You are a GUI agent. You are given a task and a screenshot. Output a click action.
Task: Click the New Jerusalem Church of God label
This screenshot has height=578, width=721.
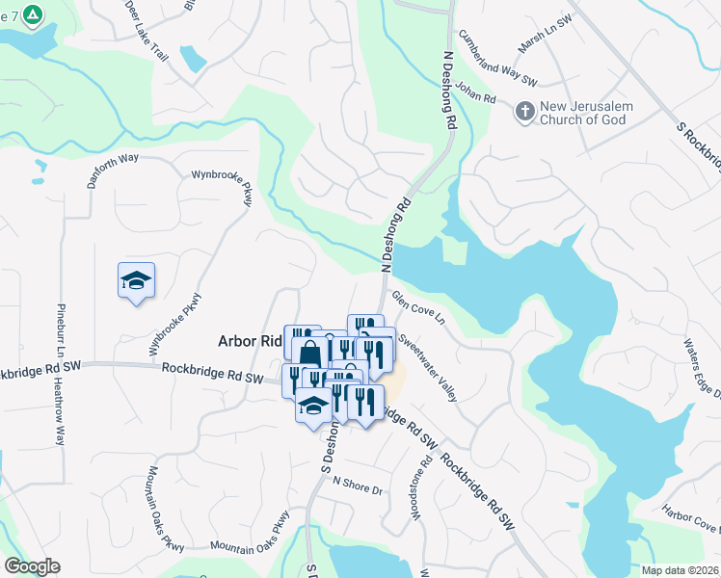581,113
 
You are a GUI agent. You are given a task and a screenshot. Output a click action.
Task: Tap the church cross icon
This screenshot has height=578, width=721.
525,112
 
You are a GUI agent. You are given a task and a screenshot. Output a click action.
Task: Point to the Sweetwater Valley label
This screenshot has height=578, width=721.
427,364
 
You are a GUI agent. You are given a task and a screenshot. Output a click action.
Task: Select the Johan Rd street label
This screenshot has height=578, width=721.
476,93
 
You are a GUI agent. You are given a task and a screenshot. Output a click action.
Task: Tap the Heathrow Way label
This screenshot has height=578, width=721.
61,413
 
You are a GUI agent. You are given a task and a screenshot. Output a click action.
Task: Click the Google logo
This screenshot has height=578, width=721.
31,566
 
